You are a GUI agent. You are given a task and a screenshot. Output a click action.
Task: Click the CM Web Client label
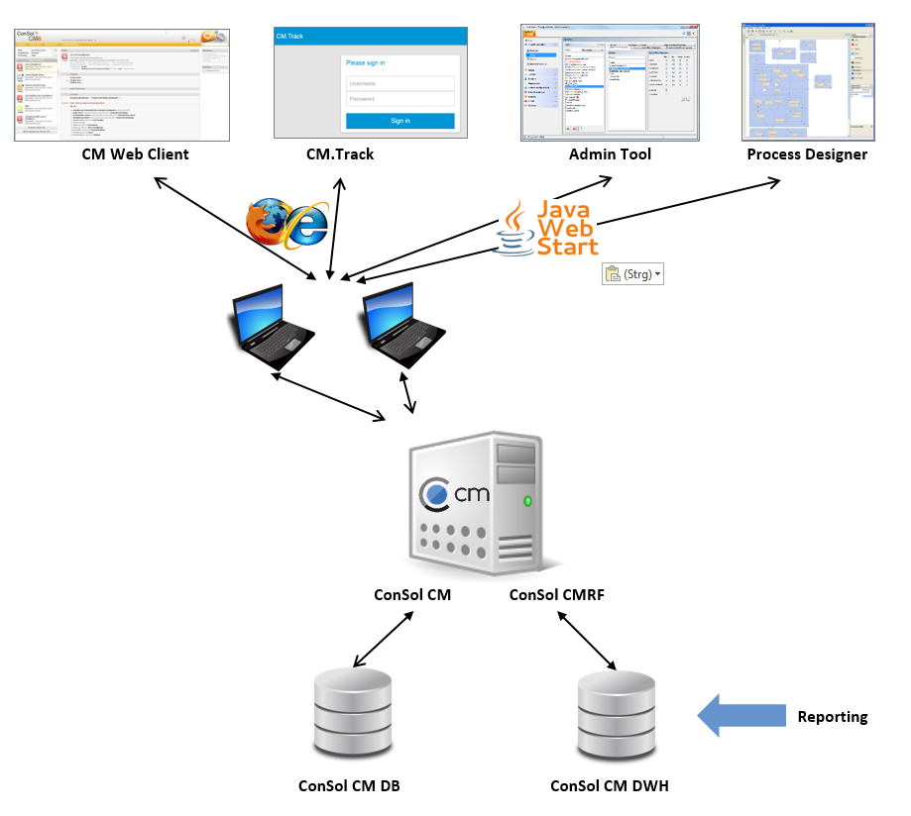pyautogui.click(x=135, y=153)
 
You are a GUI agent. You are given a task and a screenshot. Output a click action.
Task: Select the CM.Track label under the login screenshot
pyautogui.click(x=340, y=153)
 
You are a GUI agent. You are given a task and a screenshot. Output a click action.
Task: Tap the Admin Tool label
pyautogui.click(x=610, y=153)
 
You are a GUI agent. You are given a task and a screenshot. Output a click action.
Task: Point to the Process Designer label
pyautogui.click(x=807, y=153)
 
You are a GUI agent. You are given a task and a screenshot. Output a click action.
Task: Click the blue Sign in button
pyautogui.click(x=399, y=121)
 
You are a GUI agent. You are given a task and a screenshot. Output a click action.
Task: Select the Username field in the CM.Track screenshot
pyautogui.click(x=399, y=83)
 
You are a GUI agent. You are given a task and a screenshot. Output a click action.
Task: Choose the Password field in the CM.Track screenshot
pyautogui.click(x=399, y=99)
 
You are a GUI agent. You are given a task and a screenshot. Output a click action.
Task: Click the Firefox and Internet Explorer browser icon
pyautogui.click(x=287, y=222)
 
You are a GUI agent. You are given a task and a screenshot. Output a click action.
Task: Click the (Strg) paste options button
pyautogui.click(x=632, y=274)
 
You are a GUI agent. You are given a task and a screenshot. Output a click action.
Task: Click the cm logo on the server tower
pyautogui.click(x=455, y=493)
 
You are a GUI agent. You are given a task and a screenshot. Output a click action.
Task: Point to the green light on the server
pyautogui.click(x=527, y=501)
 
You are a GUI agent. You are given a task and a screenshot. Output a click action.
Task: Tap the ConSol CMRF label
pyautogui.click(x=556, y=595)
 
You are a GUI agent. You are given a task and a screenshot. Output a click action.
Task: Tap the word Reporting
pyautogui.click(x=832, y=716)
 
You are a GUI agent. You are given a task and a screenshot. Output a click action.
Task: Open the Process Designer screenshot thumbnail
pyautogui.click(x=809, y=83)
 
